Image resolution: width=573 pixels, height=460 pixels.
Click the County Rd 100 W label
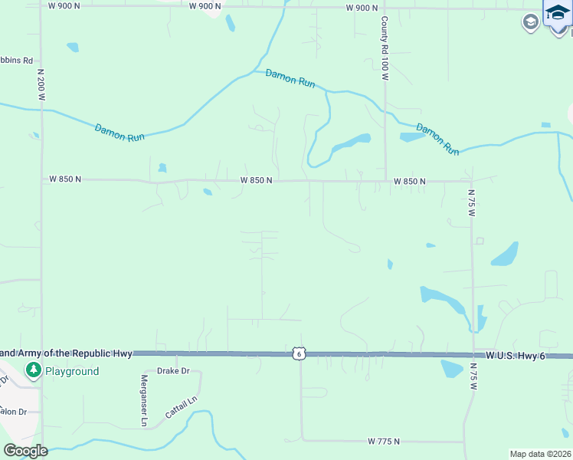(x=385, y=48)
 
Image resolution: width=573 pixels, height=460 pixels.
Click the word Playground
(x=71, y=371)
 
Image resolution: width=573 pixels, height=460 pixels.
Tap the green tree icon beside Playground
(x=33, y=371)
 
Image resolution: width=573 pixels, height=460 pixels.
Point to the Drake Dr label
(x=172, y=371)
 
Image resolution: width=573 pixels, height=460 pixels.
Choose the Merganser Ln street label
(x=143, y=401)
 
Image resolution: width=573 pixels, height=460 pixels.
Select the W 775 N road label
(x=384, y=441)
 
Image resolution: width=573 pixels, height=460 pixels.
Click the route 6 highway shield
(x=299, y=353)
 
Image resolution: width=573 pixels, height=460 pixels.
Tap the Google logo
(x=25, y=451)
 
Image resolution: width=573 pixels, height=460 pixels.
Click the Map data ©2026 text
(x=540, y=454)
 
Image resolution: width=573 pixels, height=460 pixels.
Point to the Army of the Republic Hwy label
(x=67, y=353)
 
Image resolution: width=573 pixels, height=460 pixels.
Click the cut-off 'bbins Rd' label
(x=16, y=60)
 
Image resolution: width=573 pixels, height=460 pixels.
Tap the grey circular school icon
(x=529, y=22)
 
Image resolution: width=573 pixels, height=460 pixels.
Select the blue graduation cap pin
(x=557, y=15)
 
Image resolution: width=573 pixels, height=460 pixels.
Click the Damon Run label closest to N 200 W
(x=120, y=131)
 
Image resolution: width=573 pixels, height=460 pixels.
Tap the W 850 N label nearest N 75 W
(x=409, y=182)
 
